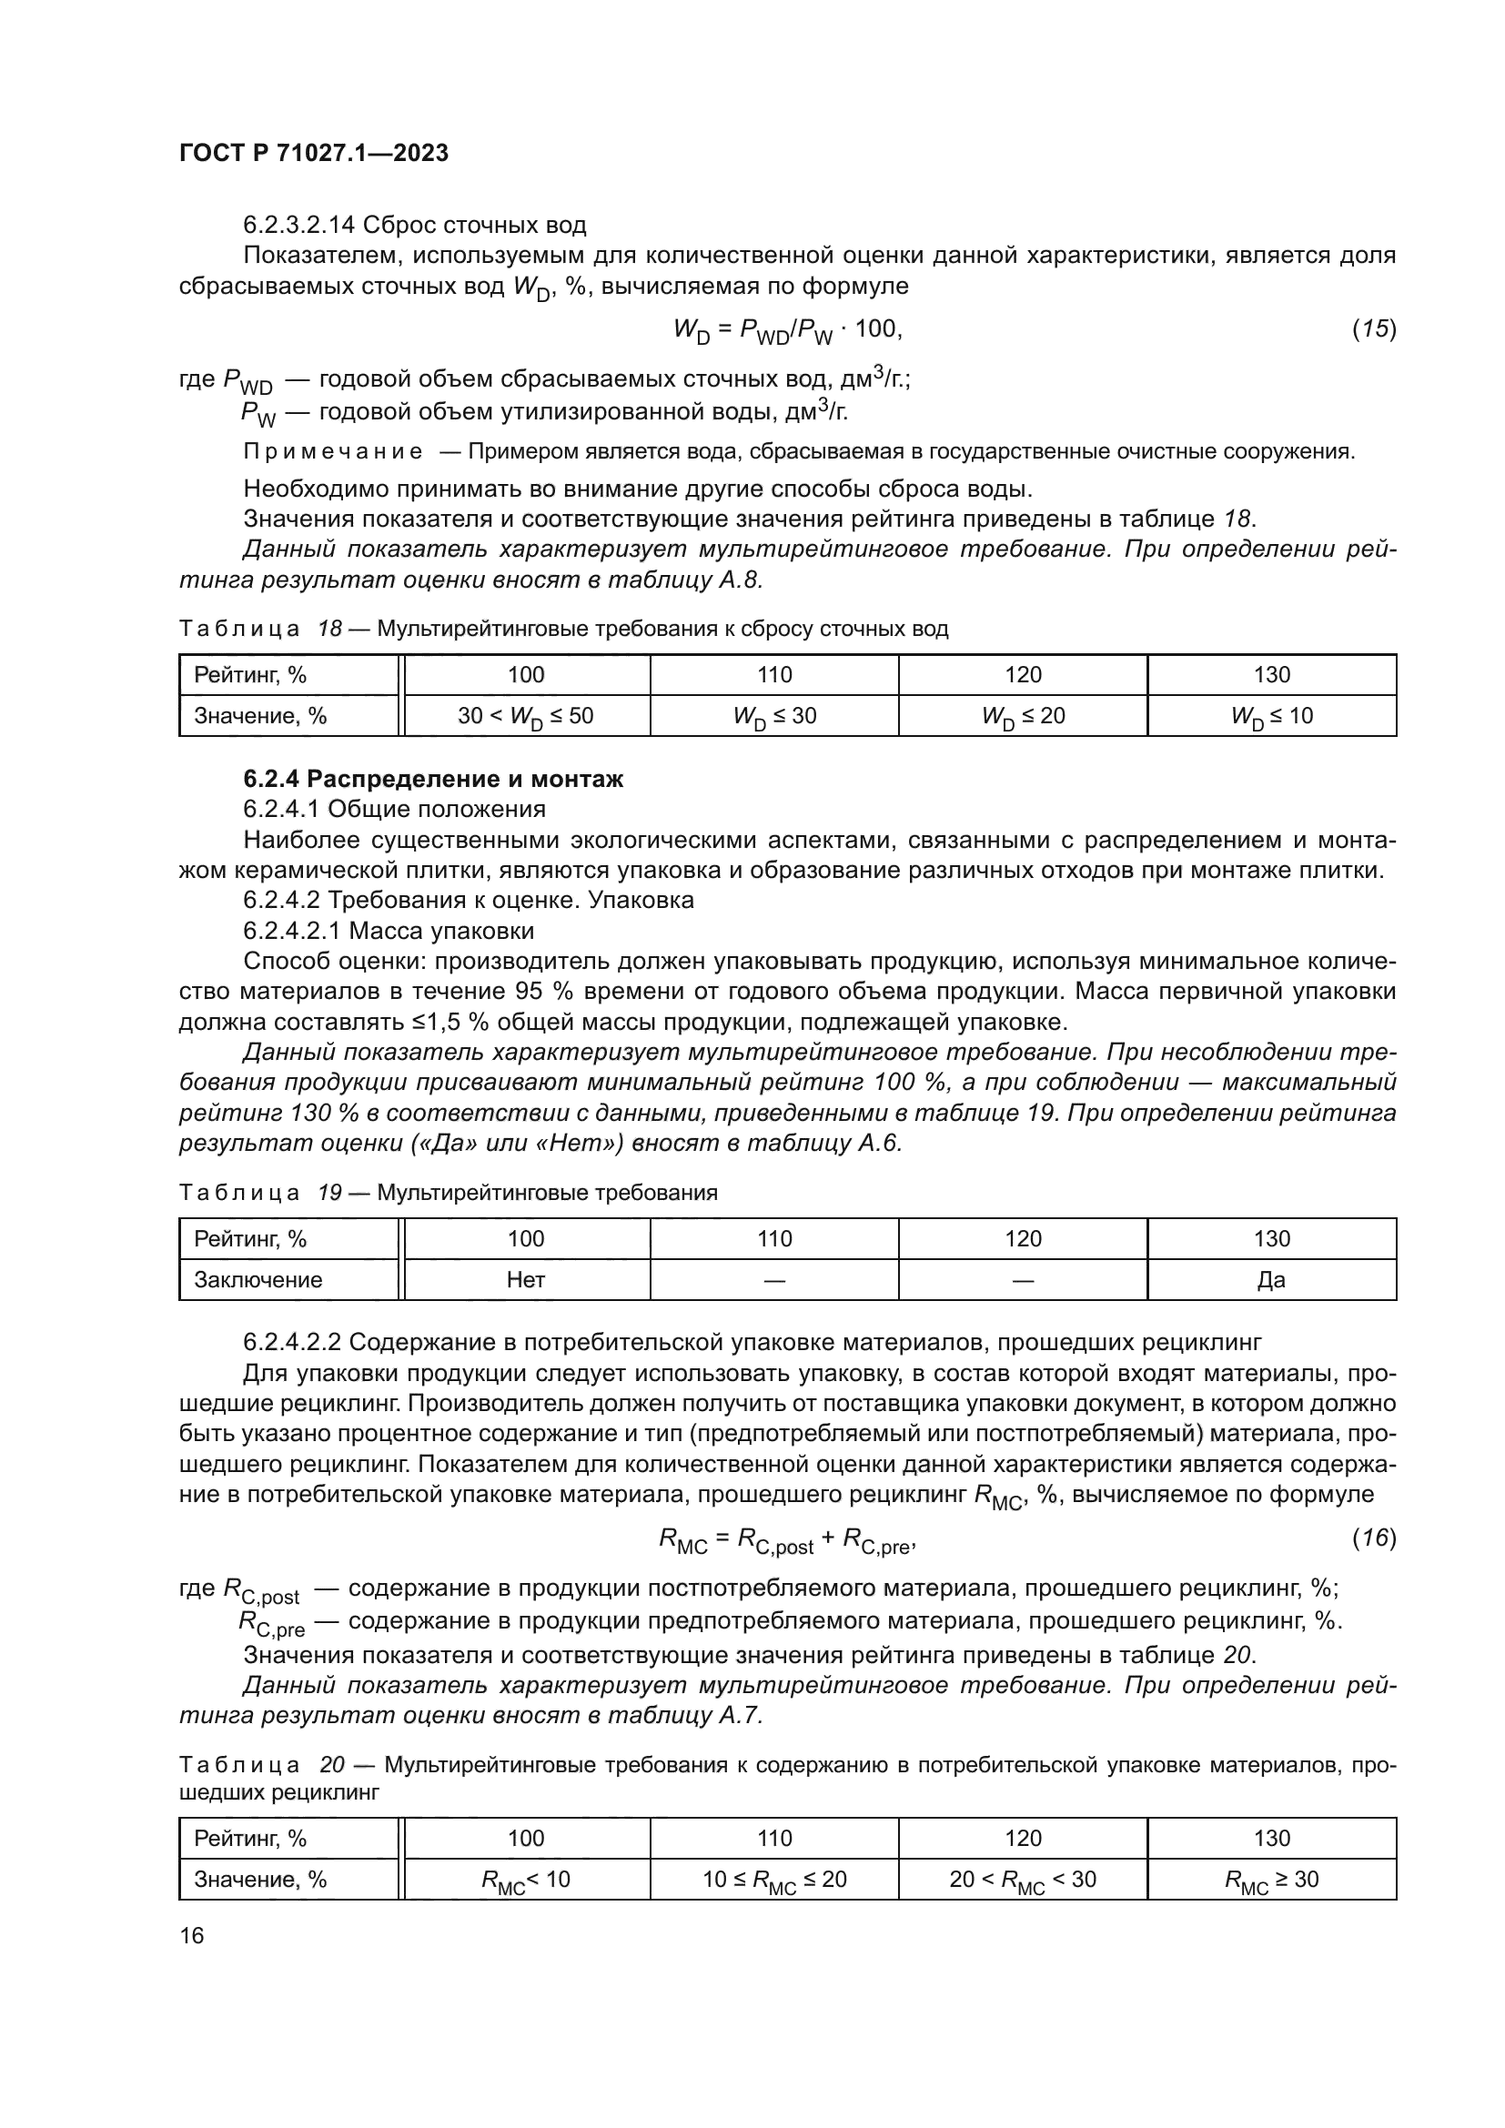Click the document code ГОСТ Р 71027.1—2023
[313, 153]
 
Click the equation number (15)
[1373, 328]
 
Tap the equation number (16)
[1373, 1538]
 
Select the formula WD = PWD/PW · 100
[787, 330]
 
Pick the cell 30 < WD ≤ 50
[525, 716]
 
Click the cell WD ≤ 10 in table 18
[1271, 716]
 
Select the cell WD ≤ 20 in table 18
[1023, 716]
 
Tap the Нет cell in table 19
[525, 1280]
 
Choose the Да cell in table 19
[1271, 1280]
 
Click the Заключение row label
[258, 1280]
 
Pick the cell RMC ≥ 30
[1271, 1880]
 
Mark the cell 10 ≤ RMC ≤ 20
[774, 1880]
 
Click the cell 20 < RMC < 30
[1023, 1880]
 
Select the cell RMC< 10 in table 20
[525, 1880]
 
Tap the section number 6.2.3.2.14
[298, 226]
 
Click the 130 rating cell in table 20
[1271, 1838]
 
